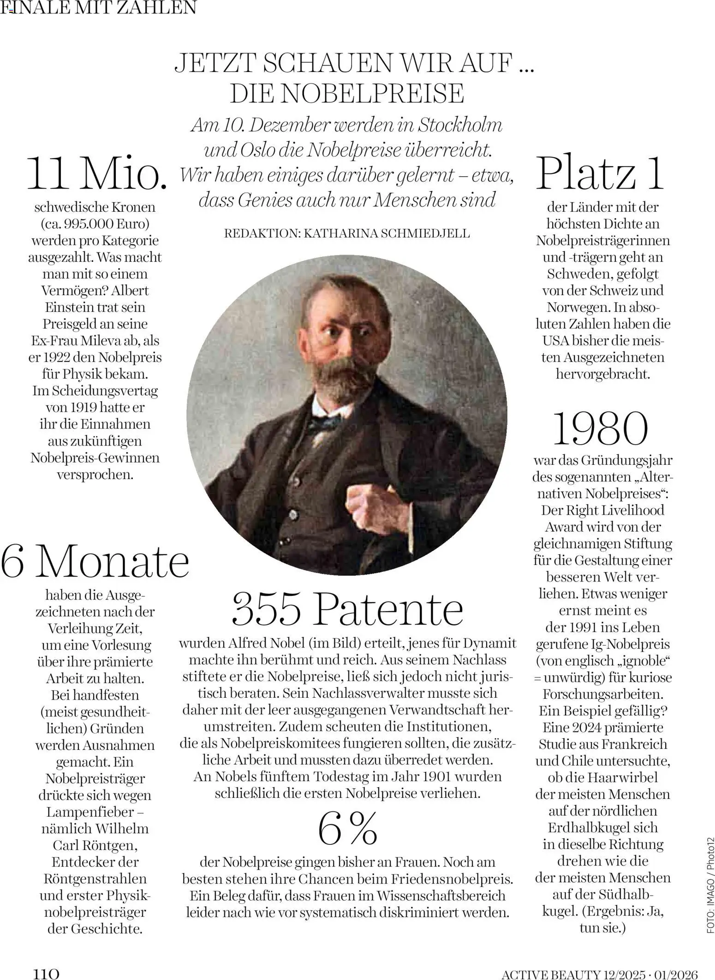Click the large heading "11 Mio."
[97, 174]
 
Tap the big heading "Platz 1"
[600, 174]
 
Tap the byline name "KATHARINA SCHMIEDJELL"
[387, 233]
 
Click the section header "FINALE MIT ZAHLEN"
[99, 7]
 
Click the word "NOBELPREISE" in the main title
[372, 93]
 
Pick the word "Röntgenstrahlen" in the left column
[95, 879]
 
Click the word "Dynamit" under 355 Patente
[489, 643]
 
